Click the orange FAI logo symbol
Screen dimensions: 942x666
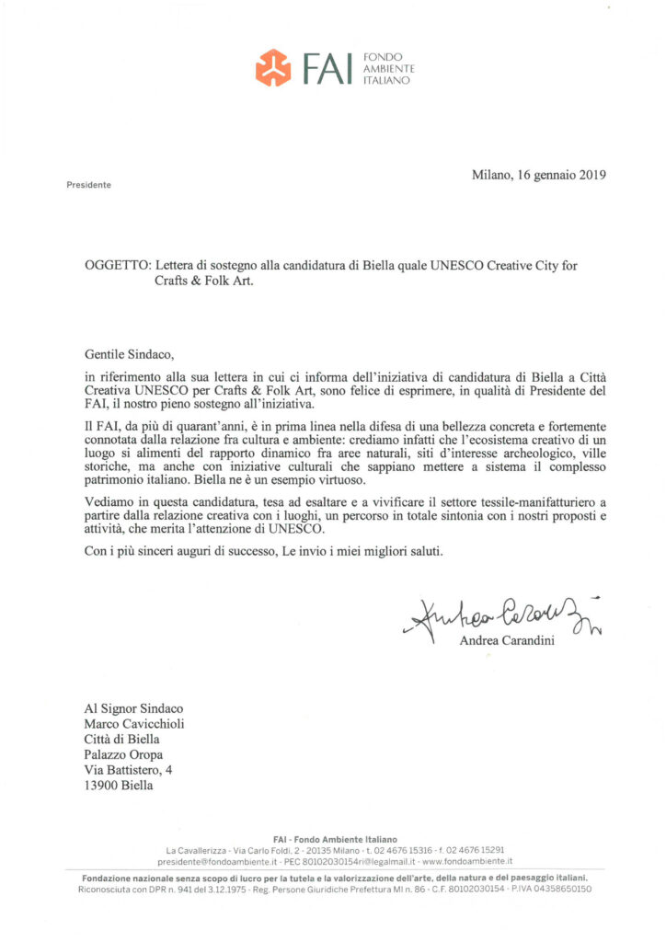273,67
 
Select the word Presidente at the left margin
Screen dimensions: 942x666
88,185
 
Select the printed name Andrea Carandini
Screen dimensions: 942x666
506,641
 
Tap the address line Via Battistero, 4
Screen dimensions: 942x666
128,770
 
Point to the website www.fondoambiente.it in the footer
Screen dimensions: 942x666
467,861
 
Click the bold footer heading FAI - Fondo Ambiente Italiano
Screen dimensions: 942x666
333,840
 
